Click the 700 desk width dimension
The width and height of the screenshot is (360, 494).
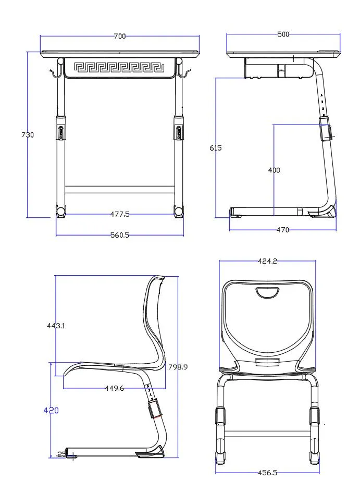pos(119,36)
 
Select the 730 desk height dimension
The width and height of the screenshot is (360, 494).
pos(27,135)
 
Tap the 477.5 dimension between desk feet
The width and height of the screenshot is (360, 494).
pos(120,214)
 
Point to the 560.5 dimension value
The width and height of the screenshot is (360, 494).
pos(119,235)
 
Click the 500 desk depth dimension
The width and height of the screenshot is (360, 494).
pos(283,34)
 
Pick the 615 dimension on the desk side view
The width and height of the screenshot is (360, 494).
pos(215,148)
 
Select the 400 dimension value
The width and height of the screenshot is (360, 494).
pos(274,170)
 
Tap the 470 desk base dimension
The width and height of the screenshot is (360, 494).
pos(282,230)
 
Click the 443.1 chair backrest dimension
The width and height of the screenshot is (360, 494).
pos(56,326)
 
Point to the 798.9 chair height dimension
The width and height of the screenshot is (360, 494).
pos(178,367)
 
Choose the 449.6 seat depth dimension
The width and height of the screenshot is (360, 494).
pos(114,388)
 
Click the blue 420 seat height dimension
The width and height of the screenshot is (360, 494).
pos(51,411)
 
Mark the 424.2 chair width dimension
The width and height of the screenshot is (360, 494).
pos(267,261)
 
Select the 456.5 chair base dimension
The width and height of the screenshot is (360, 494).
pos(267,473)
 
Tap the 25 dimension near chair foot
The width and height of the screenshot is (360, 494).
pos(61,454)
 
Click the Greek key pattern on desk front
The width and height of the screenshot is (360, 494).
pos(120,67)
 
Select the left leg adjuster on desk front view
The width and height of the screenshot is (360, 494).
pos(61,129)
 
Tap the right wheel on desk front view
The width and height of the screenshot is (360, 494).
pos(180,212)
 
